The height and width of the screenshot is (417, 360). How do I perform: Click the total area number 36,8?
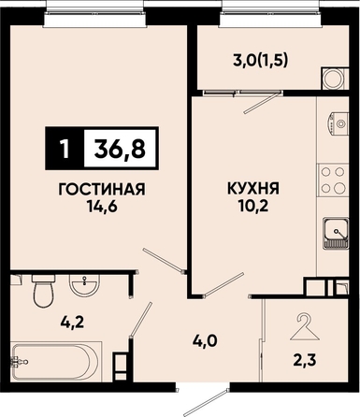coord(121,149)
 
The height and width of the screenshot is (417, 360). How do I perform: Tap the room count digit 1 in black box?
coord(65,149)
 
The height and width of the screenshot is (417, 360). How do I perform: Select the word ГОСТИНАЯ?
coord(102,190)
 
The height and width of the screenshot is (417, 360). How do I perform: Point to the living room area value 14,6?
coord(102,207)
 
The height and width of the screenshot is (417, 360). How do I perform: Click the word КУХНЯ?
coord(253,189)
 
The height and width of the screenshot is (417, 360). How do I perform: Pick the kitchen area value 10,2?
coord(253,206)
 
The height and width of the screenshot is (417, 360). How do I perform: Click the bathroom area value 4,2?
coord(72,323)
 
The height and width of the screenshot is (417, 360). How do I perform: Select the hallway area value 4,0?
coord(205,341)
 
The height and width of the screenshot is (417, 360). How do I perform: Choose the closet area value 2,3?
coord(305,361)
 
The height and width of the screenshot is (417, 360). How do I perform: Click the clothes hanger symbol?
coord(305,327)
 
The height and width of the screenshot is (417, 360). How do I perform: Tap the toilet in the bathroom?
coord(44,291)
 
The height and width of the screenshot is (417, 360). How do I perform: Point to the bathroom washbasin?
coord(84,285)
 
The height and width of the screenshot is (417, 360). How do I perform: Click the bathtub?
coord(55,362)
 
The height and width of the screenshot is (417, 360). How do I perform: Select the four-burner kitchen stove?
coord(333,180)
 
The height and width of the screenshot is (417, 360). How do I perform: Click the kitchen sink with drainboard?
coord(336,233)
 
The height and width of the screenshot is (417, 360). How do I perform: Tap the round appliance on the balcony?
coord(334,79)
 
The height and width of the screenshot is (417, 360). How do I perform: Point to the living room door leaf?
coord(164,260)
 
